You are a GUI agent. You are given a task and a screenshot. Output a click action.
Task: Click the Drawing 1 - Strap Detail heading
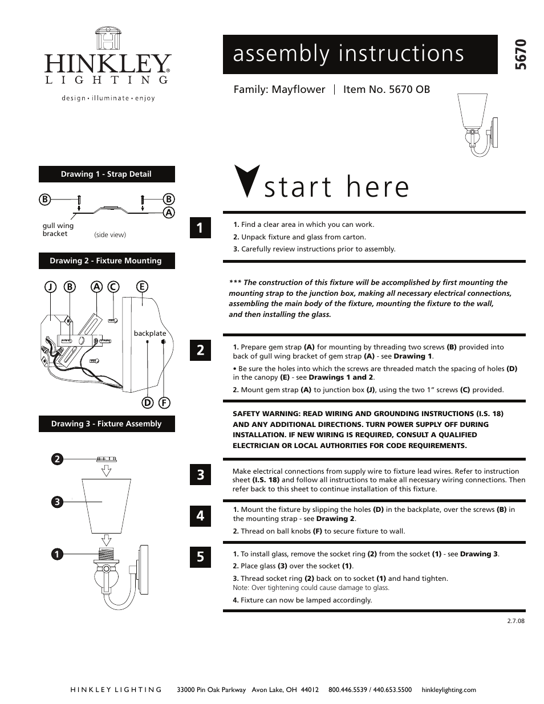107,174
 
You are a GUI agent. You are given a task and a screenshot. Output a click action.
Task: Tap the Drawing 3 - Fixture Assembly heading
107,424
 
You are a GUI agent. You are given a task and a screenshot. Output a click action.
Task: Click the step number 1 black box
200,228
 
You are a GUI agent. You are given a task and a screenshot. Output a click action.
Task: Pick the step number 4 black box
200,516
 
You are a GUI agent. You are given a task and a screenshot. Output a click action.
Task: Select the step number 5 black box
200,556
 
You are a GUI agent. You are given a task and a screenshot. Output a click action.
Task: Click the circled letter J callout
51,287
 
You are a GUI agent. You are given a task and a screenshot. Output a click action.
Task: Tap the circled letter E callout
142,287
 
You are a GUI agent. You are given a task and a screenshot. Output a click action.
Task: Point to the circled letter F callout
164,402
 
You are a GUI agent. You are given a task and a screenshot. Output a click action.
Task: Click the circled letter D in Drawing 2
148,402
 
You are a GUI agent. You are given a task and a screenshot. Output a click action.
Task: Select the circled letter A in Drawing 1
168,213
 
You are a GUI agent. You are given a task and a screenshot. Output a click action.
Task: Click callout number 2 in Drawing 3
57,458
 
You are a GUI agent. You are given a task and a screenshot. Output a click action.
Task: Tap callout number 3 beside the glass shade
57,502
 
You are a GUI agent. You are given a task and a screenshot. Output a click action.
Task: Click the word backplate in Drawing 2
150,333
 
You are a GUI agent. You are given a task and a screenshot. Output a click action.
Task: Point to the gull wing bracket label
58,230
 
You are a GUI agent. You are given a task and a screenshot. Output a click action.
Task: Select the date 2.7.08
515,621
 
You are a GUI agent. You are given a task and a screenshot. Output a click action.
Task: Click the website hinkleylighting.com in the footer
448,690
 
